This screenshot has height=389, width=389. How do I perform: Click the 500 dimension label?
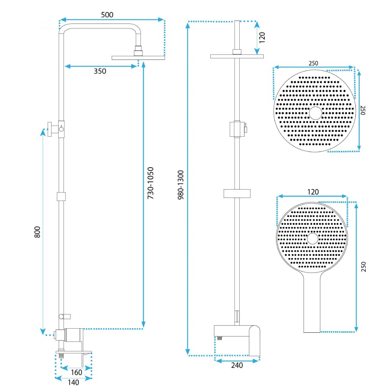(x=107, y=15)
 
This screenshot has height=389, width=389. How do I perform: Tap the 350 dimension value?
(x=100, y=71)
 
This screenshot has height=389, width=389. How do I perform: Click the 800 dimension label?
(x=37, y=232)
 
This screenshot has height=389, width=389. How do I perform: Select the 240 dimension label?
(x=237, y=365)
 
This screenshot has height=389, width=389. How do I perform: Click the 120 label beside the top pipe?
(x=262, y=38)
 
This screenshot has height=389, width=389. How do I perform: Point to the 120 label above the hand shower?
(x=313, y=191)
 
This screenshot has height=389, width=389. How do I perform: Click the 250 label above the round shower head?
(x=313, y=63)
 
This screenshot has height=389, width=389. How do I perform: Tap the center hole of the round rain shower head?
(x=315, y=113)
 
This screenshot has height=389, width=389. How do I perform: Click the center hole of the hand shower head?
(x=313, y=239)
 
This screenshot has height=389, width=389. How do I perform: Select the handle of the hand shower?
(x=312, y=304)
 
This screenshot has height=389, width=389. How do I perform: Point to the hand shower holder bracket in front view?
(x=237, y=193)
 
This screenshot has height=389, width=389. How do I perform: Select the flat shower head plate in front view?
(x=237, y=57)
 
